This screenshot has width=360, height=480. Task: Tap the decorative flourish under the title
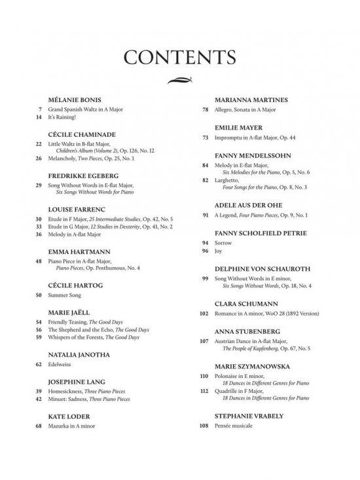click(179, 81)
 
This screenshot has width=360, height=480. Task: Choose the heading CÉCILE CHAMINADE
click(81, 133)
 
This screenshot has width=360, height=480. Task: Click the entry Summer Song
click(69, 295)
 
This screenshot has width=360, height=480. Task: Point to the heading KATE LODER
click(69, 416)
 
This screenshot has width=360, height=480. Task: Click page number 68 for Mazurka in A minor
click(39, 426)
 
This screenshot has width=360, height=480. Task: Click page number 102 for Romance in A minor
click(204, 313)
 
